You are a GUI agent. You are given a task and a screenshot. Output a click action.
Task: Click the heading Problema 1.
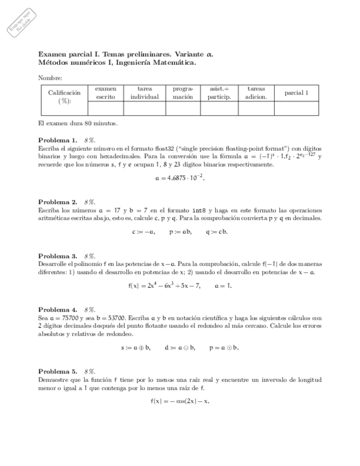[58, 140]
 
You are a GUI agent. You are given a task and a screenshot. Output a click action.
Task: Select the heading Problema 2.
[58, 202]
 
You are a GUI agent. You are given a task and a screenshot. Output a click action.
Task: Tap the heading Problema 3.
[58, 256]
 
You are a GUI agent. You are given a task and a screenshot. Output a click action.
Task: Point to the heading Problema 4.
[58, 310]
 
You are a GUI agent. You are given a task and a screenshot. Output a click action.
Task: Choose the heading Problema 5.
[58, 371]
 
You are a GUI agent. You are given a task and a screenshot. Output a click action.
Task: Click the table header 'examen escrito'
[106, 92]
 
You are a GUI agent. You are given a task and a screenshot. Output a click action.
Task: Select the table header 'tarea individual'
[145, 92]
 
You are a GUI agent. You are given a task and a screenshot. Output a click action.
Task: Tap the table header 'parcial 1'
[296, 93]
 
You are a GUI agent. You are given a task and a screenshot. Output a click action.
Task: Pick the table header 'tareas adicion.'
[256, 92]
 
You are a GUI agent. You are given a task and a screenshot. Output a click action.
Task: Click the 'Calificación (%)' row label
[64, 97]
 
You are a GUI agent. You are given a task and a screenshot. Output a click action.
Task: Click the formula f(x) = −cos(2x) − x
[180, 401]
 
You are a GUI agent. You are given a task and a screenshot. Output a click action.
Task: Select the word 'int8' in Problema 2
[198, 210]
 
